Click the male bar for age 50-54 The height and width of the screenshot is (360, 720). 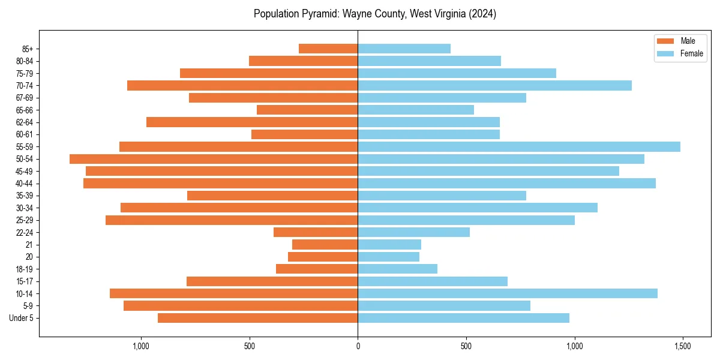pos(214,159)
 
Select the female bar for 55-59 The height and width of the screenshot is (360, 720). pos(519,147)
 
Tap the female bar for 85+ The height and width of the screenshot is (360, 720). pos(404,49)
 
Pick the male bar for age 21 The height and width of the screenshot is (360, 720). pos(325,245)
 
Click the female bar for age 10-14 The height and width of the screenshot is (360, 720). pos(508,293)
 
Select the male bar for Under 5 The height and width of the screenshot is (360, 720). pos(257,318)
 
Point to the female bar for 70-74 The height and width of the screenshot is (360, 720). pos(494,86)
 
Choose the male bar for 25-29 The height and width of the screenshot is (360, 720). pos(232,220)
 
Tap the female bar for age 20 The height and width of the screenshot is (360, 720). pos(388,257)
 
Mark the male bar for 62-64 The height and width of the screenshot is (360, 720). pos(252,122)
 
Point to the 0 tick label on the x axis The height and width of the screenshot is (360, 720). pos(358,347)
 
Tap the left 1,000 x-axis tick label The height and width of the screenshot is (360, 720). pos(141,347)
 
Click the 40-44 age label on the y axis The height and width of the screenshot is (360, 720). pos(25,184)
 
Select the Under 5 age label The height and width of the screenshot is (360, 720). pos(21,318)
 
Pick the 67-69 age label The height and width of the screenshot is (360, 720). pos(25,98)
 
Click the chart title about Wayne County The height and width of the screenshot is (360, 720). pos(374,14)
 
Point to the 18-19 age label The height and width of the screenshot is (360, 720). pos(25,269)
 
